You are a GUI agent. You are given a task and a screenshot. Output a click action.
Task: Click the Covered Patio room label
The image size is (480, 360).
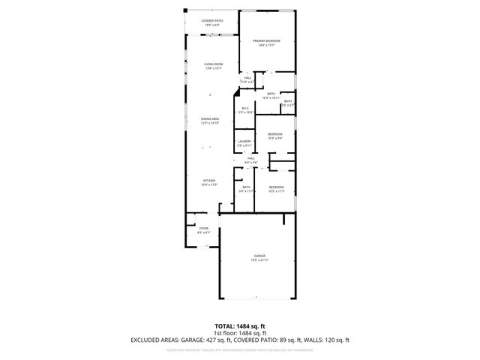point(211,21)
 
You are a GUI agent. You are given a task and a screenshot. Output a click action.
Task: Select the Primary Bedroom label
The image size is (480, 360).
point(264,41)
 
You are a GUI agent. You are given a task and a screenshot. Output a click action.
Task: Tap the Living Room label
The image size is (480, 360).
point(213,64)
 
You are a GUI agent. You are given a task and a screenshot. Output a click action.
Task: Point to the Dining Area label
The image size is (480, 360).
point(209,119)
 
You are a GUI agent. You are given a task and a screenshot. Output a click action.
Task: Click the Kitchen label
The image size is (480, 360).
point(210,181)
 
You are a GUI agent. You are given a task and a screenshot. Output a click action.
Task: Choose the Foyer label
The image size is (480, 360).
point(203,228)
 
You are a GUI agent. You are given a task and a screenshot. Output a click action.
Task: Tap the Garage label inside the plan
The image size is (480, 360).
point(259,256)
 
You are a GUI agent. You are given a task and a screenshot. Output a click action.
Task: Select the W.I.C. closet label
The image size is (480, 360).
point(245,109)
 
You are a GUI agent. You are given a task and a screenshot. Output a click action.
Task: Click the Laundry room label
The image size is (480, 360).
point(244,142)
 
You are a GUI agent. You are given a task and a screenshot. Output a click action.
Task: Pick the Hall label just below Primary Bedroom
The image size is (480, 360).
point(247,78)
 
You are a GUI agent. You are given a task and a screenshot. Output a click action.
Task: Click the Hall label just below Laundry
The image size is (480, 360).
point(252,159)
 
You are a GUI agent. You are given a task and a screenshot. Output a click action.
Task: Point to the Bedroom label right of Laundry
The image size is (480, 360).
point(275,134)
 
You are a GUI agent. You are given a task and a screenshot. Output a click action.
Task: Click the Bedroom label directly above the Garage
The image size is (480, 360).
point(277,187)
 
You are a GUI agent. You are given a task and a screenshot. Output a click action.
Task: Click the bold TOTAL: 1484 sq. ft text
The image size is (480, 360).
point(240,326)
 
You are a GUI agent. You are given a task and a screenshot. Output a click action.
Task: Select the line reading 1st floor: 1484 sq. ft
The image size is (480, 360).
point(240,333)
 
